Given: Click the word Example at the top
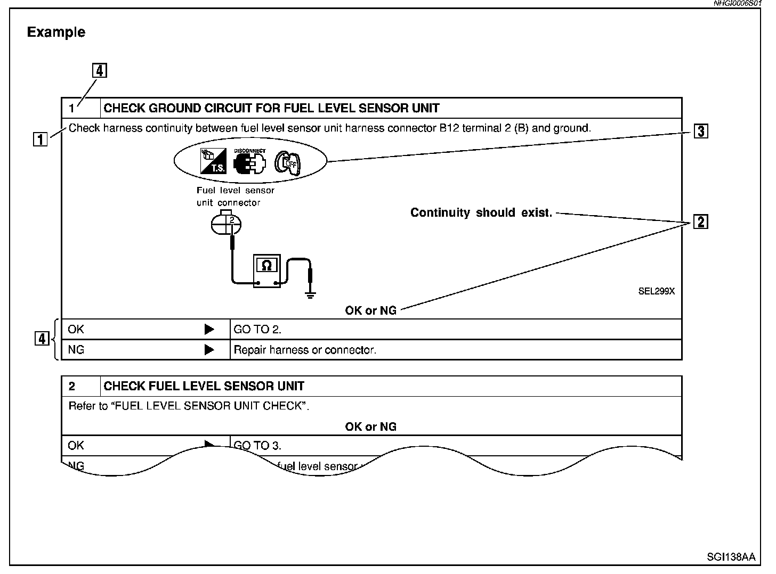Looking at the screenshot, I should [x=56, y=32].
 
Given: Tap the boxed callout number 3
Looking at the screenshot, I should [x=701, y=131].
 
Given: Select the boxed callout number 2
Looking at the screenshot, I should [x=701, y=222].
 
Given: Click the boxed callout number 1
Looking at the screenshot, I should [x=40, y=140].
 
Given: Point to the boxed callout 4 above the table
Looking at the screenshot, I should [x=100, y=71].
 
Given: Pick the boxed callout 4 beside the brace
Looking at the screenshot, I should [x=42, y=339].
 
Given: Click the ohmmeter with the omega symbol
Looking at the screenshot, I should [x=267, y=271].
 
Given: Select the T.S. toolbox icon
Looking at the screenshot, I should [x=213, y=161].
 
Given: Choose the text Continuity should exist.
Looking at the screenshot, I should [x=481, y=213].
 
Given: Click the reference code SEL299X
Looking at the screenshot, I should [x=656, y=291].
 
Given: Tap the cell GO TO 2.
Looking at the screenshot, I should [x=257, y=330].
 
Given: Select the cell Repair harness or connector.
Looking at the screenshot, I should [x=305, y=350].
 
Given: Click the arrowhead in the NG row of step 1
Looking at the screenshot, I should [x=209, y=350].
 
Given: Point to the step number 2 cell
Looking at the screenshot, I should [x=73, y=386].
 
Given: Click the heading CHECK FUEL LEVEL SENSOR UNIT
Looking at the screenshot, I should [x=204, y=386].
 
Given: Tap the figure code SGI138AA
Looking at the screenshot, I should [x=731, y=557].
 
